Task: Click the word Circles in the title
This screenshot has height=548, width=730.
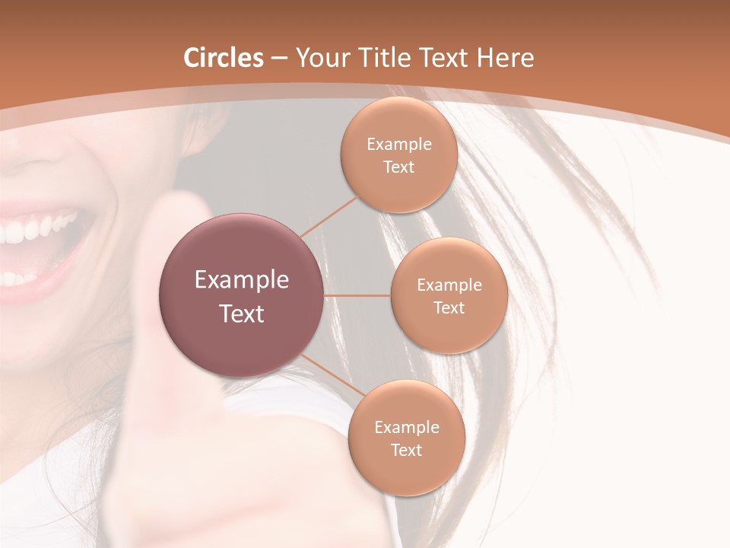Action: (224, 57)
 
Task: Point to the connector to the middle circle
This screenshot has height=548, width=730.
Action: (357, 295)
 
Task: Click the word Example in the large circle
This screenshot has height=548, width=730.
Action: (242, 280)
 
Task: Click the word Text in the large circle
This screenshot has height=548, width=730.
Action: (242, 314)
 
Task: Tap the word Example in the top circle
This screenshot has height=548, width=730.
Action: (399, 145)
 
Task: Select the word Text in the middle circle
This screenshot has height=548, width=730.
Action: (449, 307)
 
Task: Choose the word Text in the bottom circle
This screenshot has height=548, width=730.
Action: (406, 450)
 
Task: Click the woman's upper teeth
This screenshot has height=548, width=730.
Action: (38, 228)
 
